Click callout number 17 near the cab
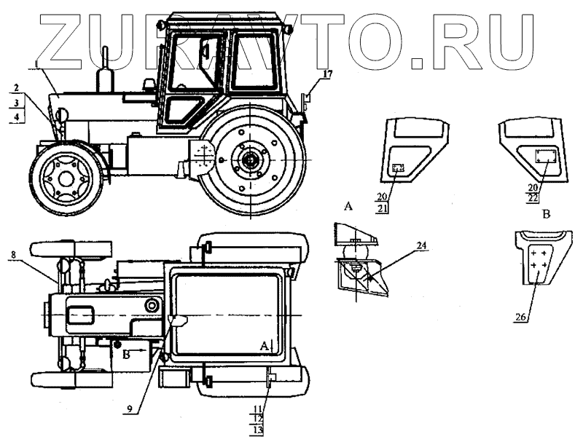pos(327,74)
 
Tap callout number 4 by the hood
pos(15,117)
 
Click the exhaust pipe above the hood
pos(104,70)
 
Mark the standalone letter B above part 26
pos(546,216)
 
